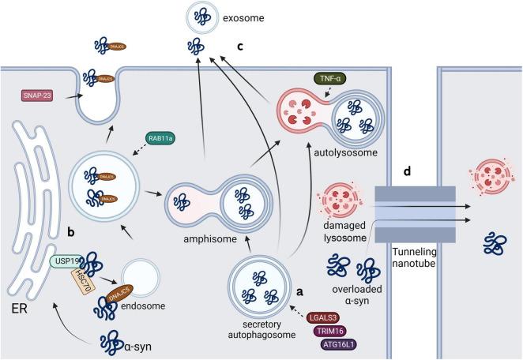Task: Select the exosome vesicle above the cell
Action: coord(202,17)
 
